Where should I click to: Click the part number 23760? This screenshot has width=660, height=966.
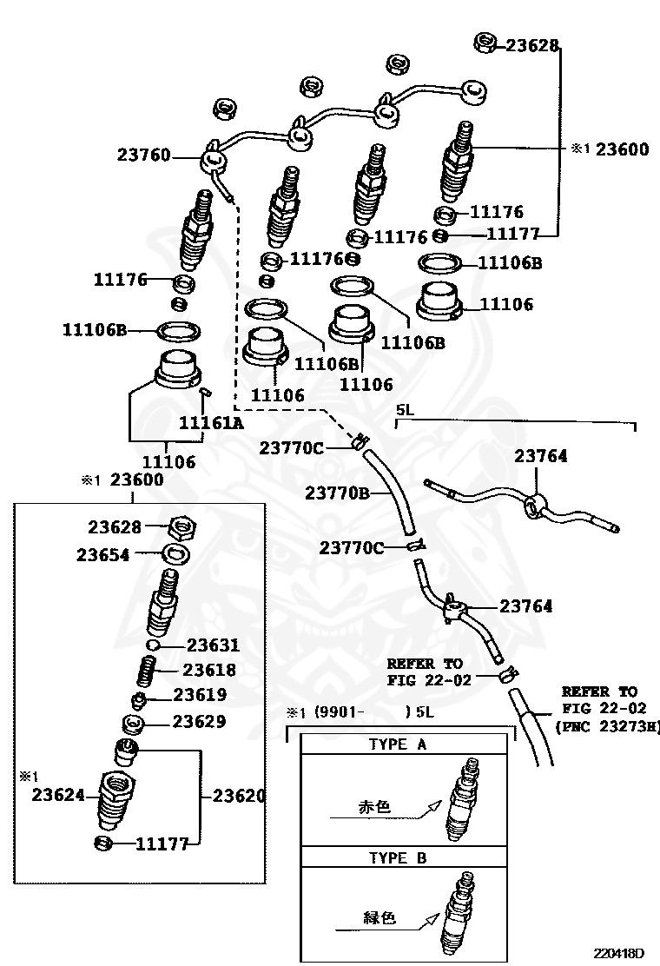(143, 155)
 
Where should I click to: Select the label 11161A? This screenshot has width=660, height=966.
(211, 423)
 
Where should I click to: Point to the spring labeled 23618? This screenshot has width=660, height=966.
(149, 672)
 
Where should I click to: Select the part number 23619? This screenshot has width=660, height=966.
(200, 695)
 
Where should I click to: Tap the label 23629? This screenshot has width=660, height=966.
(199, 721)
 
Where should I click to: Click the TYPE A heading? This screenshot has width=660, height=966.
(398, 744)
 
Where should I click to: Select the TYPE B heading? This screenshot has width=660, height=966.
(398, 858)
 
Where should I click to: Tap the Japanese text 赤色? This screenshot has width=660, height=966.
(374, 807)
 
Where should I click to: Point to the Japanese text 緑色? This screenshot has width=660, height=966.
(378, 916)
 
